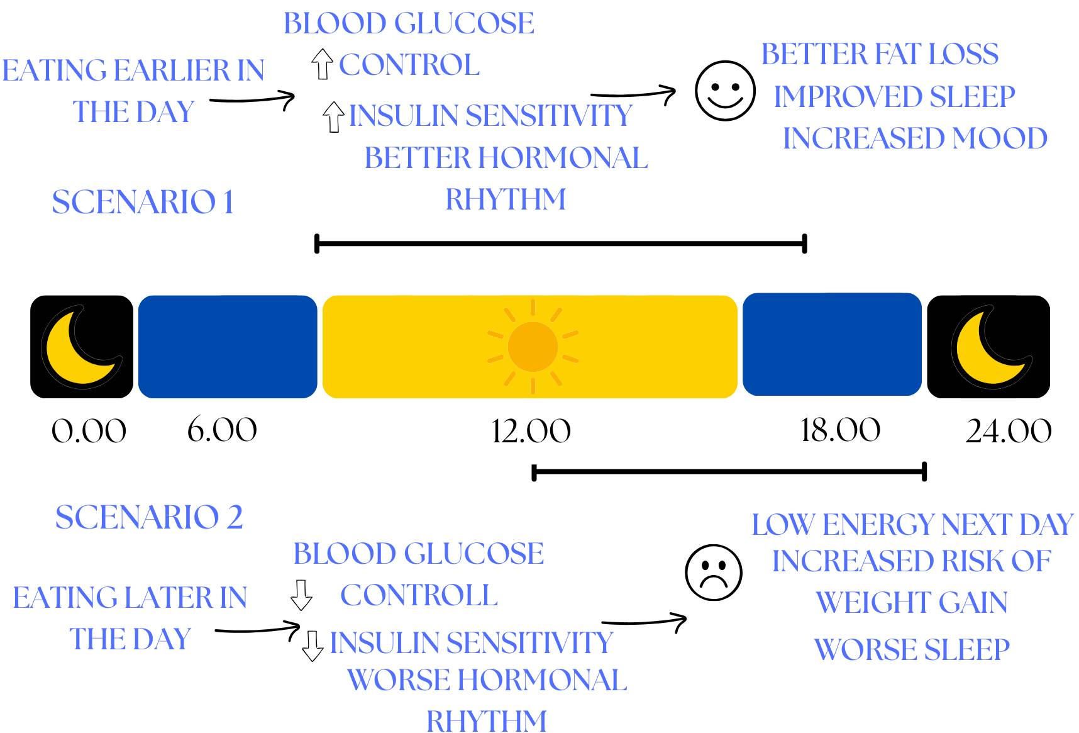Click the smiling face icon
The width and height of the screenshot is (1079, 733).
pyautogui.click(x=724, y=91)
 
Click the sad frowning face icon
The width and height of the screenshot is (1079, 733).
pyautogui.click(x=713, y=573)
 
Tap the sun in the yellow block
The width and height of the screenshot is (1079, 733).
pyautogui.click(x=533, y=346)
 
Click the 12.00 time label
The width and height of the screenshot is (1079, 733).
pyautogui.click(x=531, y=432)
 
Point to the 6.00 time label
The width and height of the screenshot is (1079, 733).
pyautogui.click(x=222, y=430)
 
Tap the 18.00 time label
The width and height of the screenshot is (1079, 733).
pyautogui.click(x=840, y=431)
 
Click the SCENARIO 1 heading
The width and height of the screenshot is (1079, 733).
pyautogui.click(x=143, y=203)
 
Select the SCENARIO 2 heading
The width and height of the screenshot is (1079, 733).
pyautogui.click(x=149, y=518)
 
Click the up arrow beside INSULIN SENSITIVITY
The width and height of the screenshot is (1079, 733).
pyautogui.click(x=333, y=117)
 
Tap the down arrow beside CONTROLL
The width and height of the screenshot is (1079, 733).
pyautogui.click(x=301, y=595)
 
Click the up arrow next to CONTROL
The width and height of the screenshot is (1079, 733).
pyautogui.click(x=322, y=64)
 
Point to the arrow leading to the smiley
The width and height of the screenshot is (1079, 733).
pyautogui.click(x=633, y=94)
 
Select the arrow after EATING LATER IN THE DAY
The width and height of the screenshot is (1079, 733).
pyautogui.click(x=258, y=629)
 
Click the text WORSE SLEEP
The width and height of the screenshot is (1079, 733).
pyautogui.click(x=912, y=650)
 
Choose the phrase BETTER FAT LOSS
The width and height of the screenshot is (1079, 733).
pyautogui.click(x=880, y=55)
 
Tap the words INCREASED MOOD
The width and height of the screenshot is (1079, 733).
pyautogui.click(x=915, y=138)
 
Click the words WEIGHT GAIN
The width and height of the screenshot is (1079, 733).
pyautogui.click(x=912, y=603)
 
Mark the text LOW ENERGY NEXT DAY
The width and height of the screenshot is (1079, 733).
pyautogui.click(x=912, y=525)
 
